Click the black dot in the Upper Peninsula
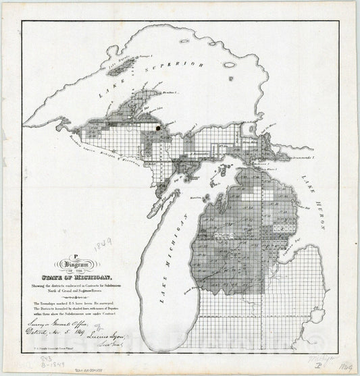[x=157, y=126]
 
